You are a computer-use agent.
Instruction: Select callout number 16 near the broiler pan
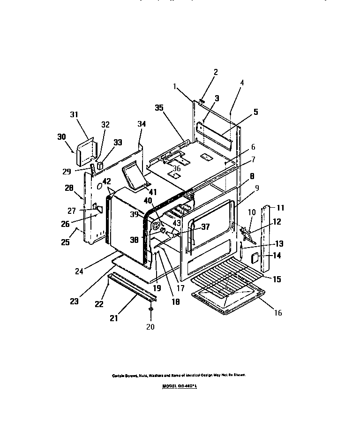(x=278, y=313)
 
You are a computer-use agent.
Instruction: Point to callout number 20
(x=150, y=327)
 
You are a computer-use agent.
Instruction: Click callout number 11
(x=280, y=207)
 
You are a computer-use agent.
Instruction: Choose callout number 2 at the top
(x=216, y=72)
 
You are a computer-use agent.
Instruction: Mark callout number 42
(x=106, y=181)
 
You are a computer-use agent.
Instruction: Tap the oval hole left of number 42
(x=99, y=186)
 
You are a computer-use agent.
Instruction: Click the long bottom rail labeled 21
(x=131, y=289)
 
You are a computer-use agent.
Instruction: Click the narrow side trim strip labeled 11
(x=265, y=239)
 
